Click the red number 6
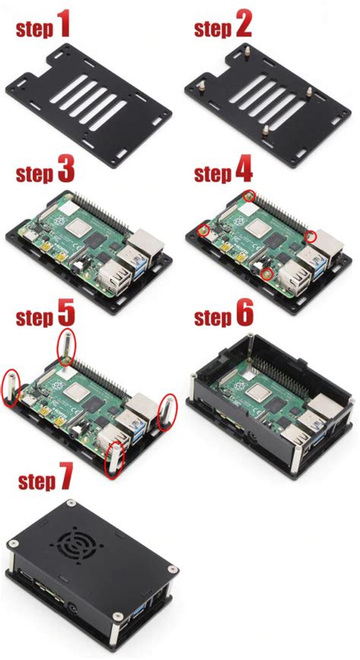tap(243, 314)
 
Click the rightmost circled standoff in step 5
tap(166, 410)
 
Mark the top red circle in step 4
tap(248, 196)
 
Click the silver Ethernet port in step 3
tap(144, 244)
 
